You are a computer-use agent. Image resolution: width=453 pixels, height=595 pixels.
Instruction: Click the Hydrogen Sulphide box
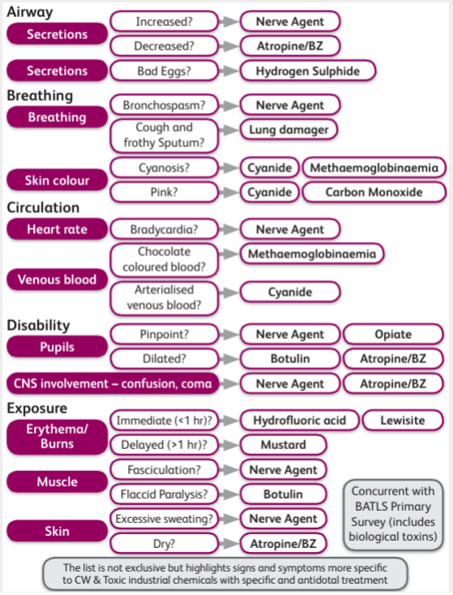[308, 71]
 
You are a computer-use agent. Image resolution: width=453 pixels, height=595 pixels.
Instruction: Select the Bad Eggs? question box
[164, 71]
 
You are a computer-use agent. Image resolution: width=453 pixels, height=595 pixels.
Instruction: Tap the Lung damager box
[288, 130]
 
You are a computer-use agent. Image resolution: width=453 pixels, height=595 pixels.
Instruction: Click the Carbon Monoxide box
[374, 192]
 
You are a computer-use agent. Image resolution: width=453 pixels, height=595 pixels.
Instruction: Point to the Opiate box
[393, 334]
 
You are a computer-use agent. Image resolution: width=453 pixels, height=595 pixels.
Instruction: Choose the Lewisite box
[403, 420]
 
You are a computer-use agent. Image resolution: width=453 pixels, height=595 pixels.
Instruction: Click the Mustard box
[284, 444]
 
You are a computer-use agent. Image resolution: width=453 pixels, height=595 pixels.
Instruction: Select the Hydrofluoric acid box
[299, 420]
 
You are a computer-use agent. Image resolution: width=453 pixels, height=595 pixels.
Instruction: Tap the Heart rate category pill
[57, 229]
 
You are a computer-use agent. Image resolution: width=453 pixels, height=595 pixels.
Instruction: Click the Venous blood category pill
[57, 280]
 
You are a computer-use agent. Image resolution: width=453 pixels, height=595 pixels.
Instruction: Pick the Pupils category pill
[57, 346]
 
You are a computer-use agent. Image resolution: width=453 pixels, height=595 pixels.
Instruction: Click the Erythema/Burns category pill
[57, 436]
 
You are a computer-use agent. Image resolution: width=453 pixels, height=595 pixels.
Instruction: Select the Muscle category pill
[57, 482]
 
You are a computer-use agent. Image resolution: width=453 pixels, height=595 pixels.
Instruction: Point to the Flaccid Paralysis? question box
[164, 494]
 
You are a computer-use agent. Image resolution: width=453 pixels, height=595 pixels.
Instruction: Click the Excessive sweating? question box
[164, 519]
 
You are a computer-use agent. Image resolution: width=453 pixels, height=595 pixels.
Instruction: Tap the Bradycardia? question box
[164, 229]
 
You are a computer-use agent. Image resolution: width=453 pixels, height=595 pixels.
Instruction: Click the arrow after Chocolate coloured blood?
[229, 254]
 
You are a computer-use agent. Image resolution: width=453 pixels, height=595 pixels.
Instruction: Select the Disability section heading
[38, 325]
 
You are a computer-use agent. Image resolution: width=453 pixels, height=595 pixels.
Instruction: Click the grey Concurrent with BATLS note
[393, 514]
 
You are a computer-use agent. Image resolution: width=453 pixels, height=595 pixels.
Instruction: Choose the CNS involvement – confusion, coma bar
[113, 383]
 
